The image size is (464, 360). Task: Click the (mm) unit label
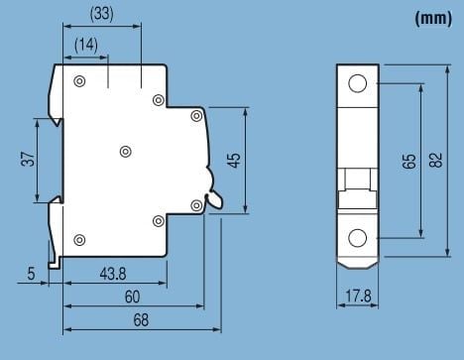433,18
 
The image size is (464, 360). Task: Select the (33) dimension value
102,14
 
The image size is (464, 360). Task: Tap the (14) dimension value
86,45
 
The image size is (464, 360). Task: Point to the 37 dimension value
28,159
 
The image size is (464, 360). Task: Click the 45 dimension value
235,161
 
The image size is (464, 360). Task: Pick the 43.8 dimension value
113,274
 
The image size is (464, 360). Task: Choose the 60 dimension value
132,297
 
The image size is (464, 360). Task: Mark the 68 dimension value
141,319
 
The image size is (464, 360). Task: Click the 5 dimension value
31,274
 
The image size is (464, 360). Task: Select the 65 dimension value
409,161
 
